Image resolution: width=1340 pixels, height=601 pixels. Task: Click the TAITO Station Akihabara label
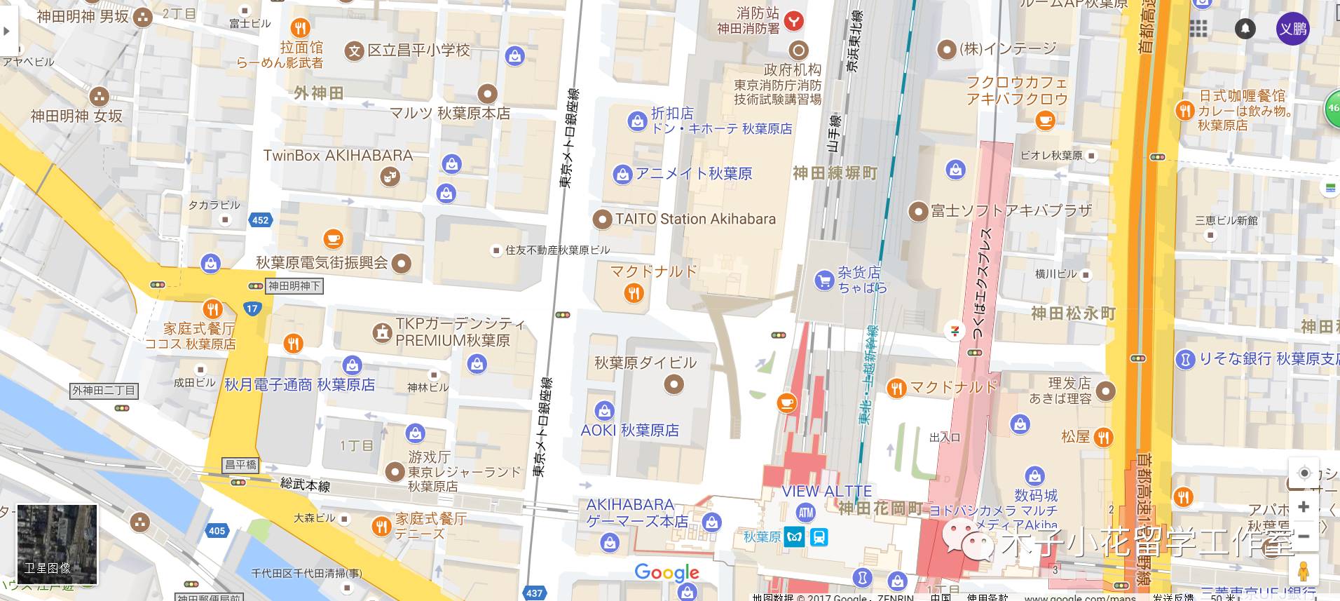(x=695, y=219)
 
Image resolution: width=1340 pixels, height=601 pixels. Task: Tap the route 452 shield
(x=260, y=220)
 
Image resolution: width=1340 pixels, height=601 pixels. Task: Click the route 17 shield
(x=252, y=308)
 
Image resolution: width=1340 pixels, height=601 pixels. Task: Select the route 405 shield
(x=217, y=530)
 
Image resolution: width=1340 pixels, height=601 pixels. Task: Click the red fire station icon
(x=793, y=21)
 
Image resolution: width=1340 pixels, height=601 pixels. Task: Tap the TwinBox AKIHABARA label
(x=338, y=156)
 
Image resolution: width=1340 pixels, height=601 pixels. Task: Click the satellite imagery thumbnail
(x=57, y=544)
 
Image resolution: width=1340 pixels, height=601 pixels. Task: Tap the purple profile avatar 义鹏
(x=1292, y=29)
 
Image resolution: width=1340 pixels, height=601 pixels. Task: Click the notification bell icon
(x=1245, y=29)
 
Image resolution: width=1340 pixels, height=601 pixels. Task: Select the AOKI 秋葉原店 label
(x=629, y=430)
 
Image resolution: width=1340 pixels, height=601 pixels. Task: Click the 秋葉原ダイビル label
(x=645, y=363)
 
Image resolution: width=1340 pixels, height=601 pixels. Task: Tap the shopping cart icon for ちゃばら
(x=823, y=281)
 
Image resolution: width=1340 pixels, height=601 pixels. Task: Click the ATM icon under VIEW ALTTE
(x=806, y=513)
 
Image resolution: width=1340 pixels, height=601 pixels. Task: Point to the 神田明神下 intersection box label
(x=294, y=286)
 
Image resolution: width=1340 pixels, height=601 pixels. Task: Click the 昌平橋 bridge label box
(x=240, y=464)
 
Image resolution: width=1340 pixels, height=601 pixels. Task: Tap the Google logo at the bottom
(x=666, y=572)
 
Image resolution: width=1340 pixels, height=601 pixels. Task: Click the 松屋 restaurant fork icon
(x=1103, y=438)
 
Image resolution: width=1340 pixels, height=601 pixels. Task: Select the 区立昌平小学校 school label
(x=418, y=50)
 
